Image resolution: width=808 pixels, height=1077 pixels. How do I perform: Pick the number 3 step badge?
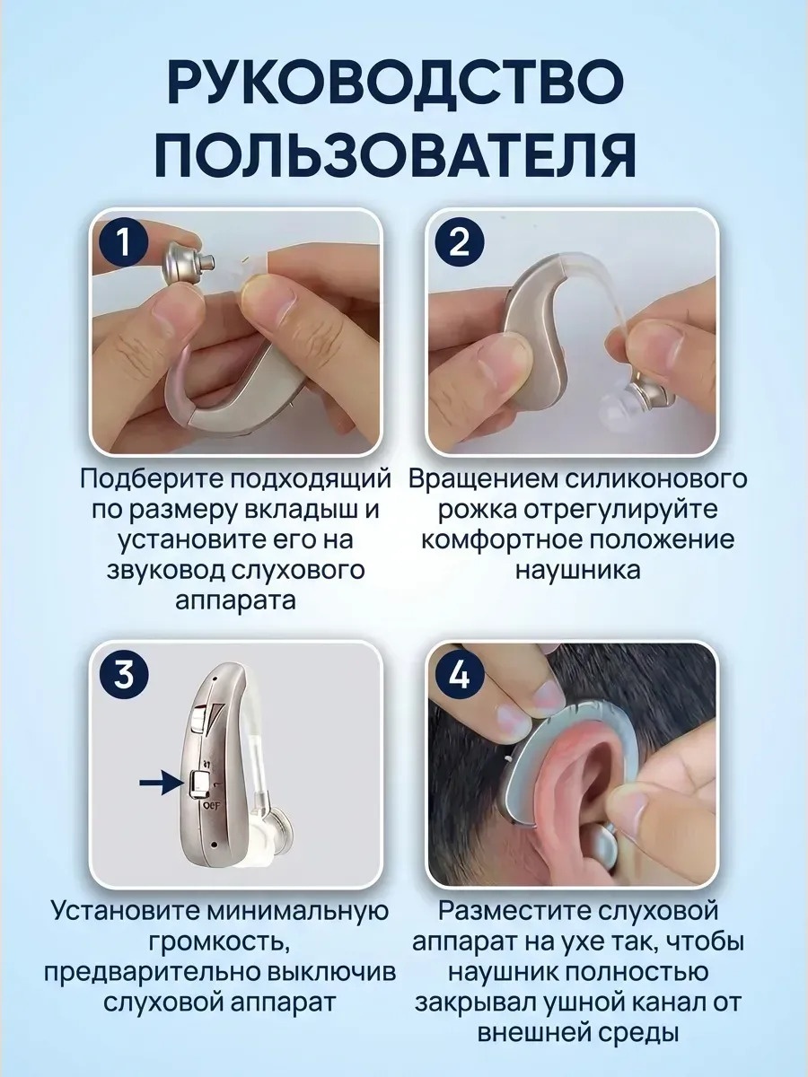coord(124,676)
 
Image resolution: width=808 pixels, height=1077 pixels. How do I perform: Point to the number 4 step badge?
coord(460,676)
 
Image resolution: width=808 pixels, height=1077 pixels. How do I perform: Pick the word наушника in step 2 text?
coord(577,572)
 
